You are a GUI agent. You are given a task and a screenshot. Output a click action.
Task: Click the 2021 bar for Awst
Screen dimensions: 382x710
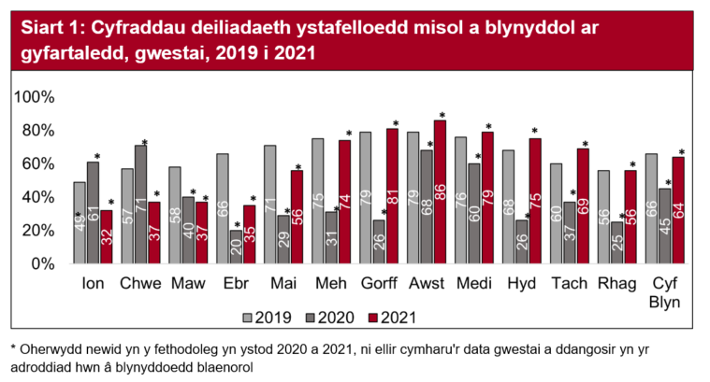[440, 192]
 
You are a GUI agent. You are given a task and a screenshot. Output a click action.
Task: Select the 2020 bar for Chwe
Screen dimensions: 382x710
[141, 205]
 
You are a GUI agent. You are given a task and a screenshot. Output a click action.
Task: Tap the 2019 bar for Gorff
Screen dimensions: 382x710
[366, 198]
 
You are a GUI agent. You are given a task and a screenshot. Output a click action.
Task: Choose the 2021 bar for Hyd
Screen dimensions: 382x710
[536, 201]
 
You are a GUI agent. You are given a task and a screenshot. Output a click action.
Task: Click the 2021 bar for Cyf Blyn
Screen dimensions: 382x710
[679, 210]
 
